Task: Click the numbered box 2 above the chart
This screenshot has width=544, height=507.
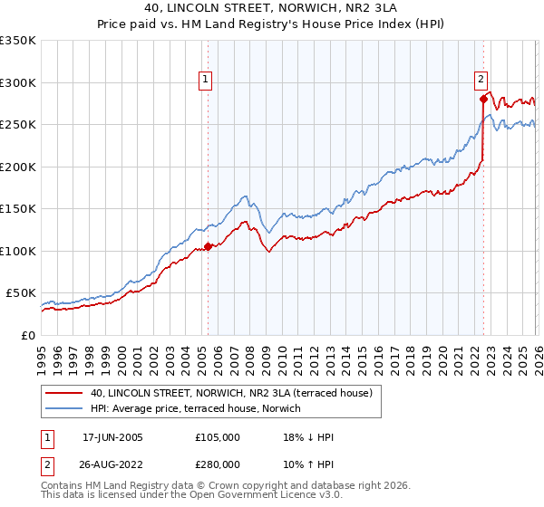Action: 481,79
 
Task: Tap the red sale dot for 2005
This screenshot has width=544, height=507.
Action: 208,246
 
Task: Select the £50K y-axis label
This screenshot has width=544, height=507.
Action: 21,293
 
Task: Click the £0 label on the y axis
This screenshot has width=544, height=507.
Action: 28,335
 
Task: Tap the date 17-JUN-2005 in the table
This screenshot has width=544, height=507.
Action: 112,437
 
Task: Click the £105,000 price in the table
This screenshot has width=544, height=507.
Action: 218,437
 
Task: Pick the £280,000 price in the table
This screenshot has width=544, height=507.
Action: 218,464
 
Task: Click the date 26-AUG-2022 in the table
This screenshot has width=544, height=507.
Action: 112,464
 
